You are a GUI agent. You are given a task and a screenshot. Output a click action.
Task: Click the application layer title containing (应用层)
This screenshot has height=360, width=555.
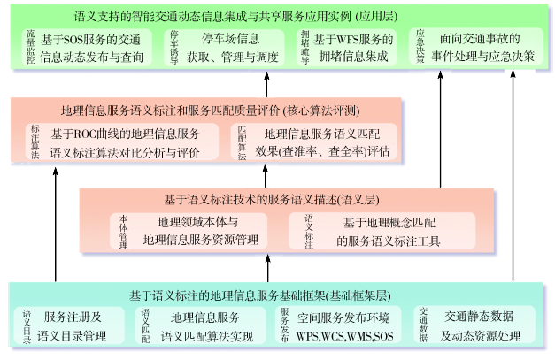278,15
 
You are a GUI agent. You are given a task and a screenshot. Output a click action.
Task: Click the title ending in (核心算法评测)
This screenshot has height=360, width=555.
211,111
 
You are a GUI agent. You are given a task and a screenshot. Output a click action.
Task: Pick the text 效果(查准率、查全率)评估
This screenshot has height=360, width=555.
322,151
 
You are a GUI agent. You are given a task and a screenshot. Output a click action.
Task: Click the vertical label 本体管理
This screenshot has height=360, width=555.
123,230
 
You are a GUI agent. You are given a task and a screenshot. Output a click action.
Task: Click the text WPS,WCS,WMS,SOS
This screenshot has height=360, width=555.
345,337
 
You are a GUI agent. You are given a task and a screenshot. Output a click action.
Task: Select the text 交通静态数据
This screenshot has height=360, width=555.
478,317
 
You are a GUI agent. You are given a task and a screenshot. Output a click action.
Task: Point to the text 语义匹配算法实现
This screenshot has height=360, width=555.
206,337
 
